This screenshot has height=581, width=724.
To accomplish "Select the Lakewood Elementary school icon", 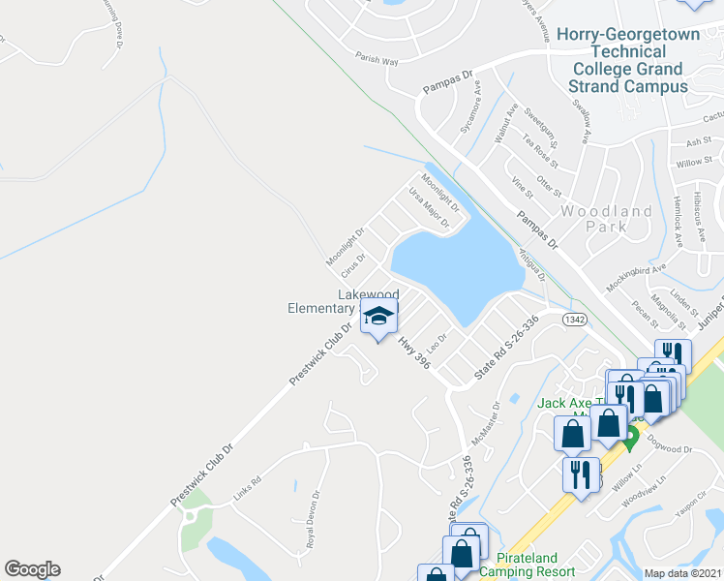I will tap(378, 317).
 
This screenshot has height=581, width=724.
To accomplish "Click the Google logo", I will tap(32, 569).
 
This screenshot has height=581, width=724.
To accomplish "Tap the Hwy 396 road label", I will tap(413, 352).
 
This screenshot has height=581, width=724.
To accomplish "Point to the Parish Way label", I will tap(377, 60).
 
